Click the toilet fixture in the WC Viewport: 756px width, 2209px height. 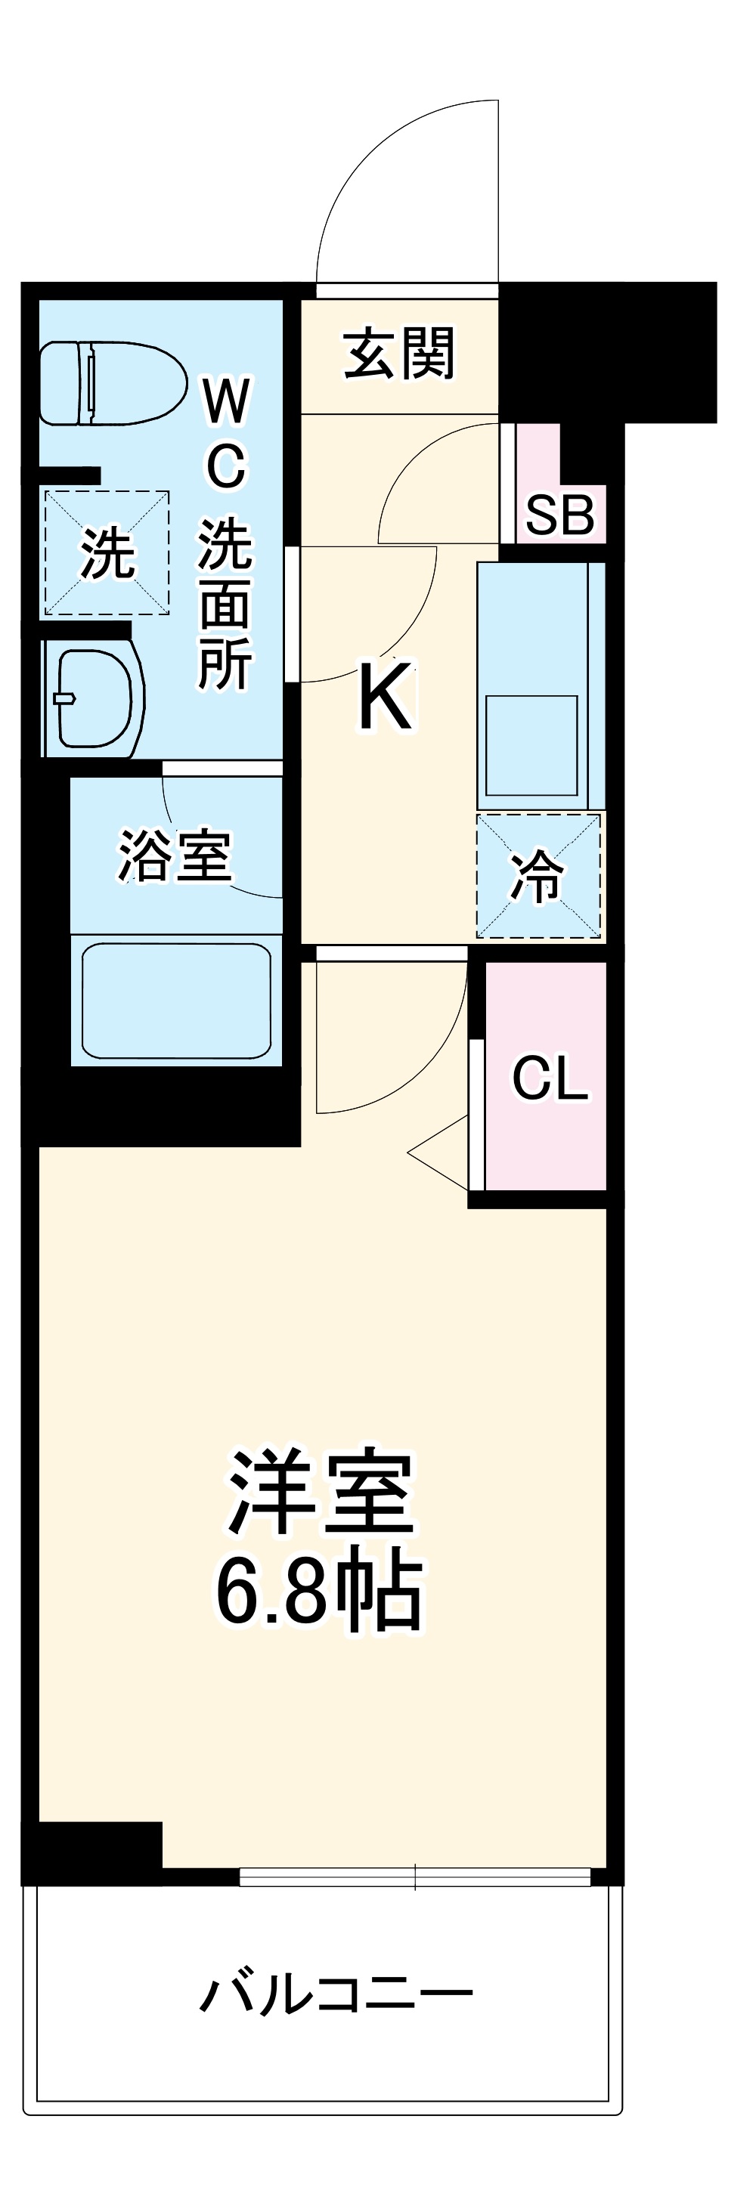(x=112, y=382)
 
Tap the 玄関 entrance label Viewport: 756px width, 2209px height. (x=398, y=353)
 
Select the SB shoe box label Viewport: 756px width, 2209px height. (x=559, y=515)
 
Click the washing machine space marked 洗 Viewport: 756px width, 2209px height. (x=106, y=553)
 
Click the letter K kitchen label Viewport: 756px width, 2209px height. (x=386, y=698)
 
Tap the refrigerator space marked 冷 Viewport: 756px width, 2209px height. (x=538, y=876)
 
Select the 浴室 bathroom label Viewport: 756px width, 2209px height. (x=175, y=855)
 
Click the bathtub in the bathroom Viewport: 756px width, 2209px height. (x=176, y=1000)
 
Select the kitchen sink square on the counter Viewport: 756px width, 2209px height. (x=531, y=744)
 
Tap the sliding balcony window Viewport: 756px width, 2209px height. (x=414, y=1877)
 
